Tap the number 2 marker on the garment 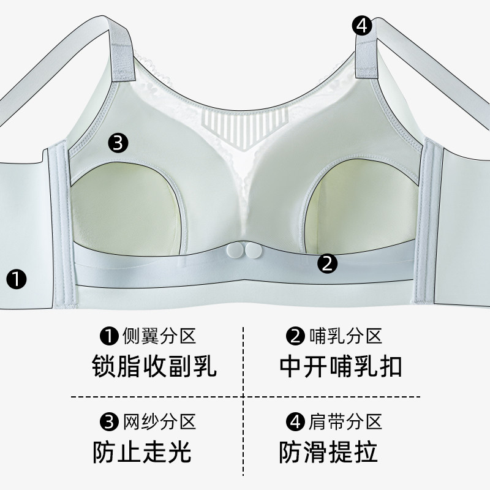tap(327, 263)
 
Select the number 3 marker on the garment tap(118, 143)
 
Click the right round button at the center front tap(252, 251)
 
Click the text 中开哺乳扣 tap(341, 367)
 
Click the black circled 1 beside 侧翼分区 tap(108, 336)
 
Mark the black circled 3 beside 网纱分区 tap(108, 422)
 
